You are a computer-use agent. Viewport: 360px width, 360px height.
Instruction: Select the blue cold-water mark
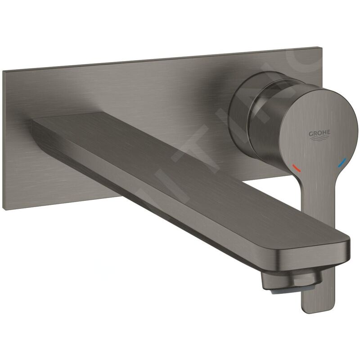(344, 161)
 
